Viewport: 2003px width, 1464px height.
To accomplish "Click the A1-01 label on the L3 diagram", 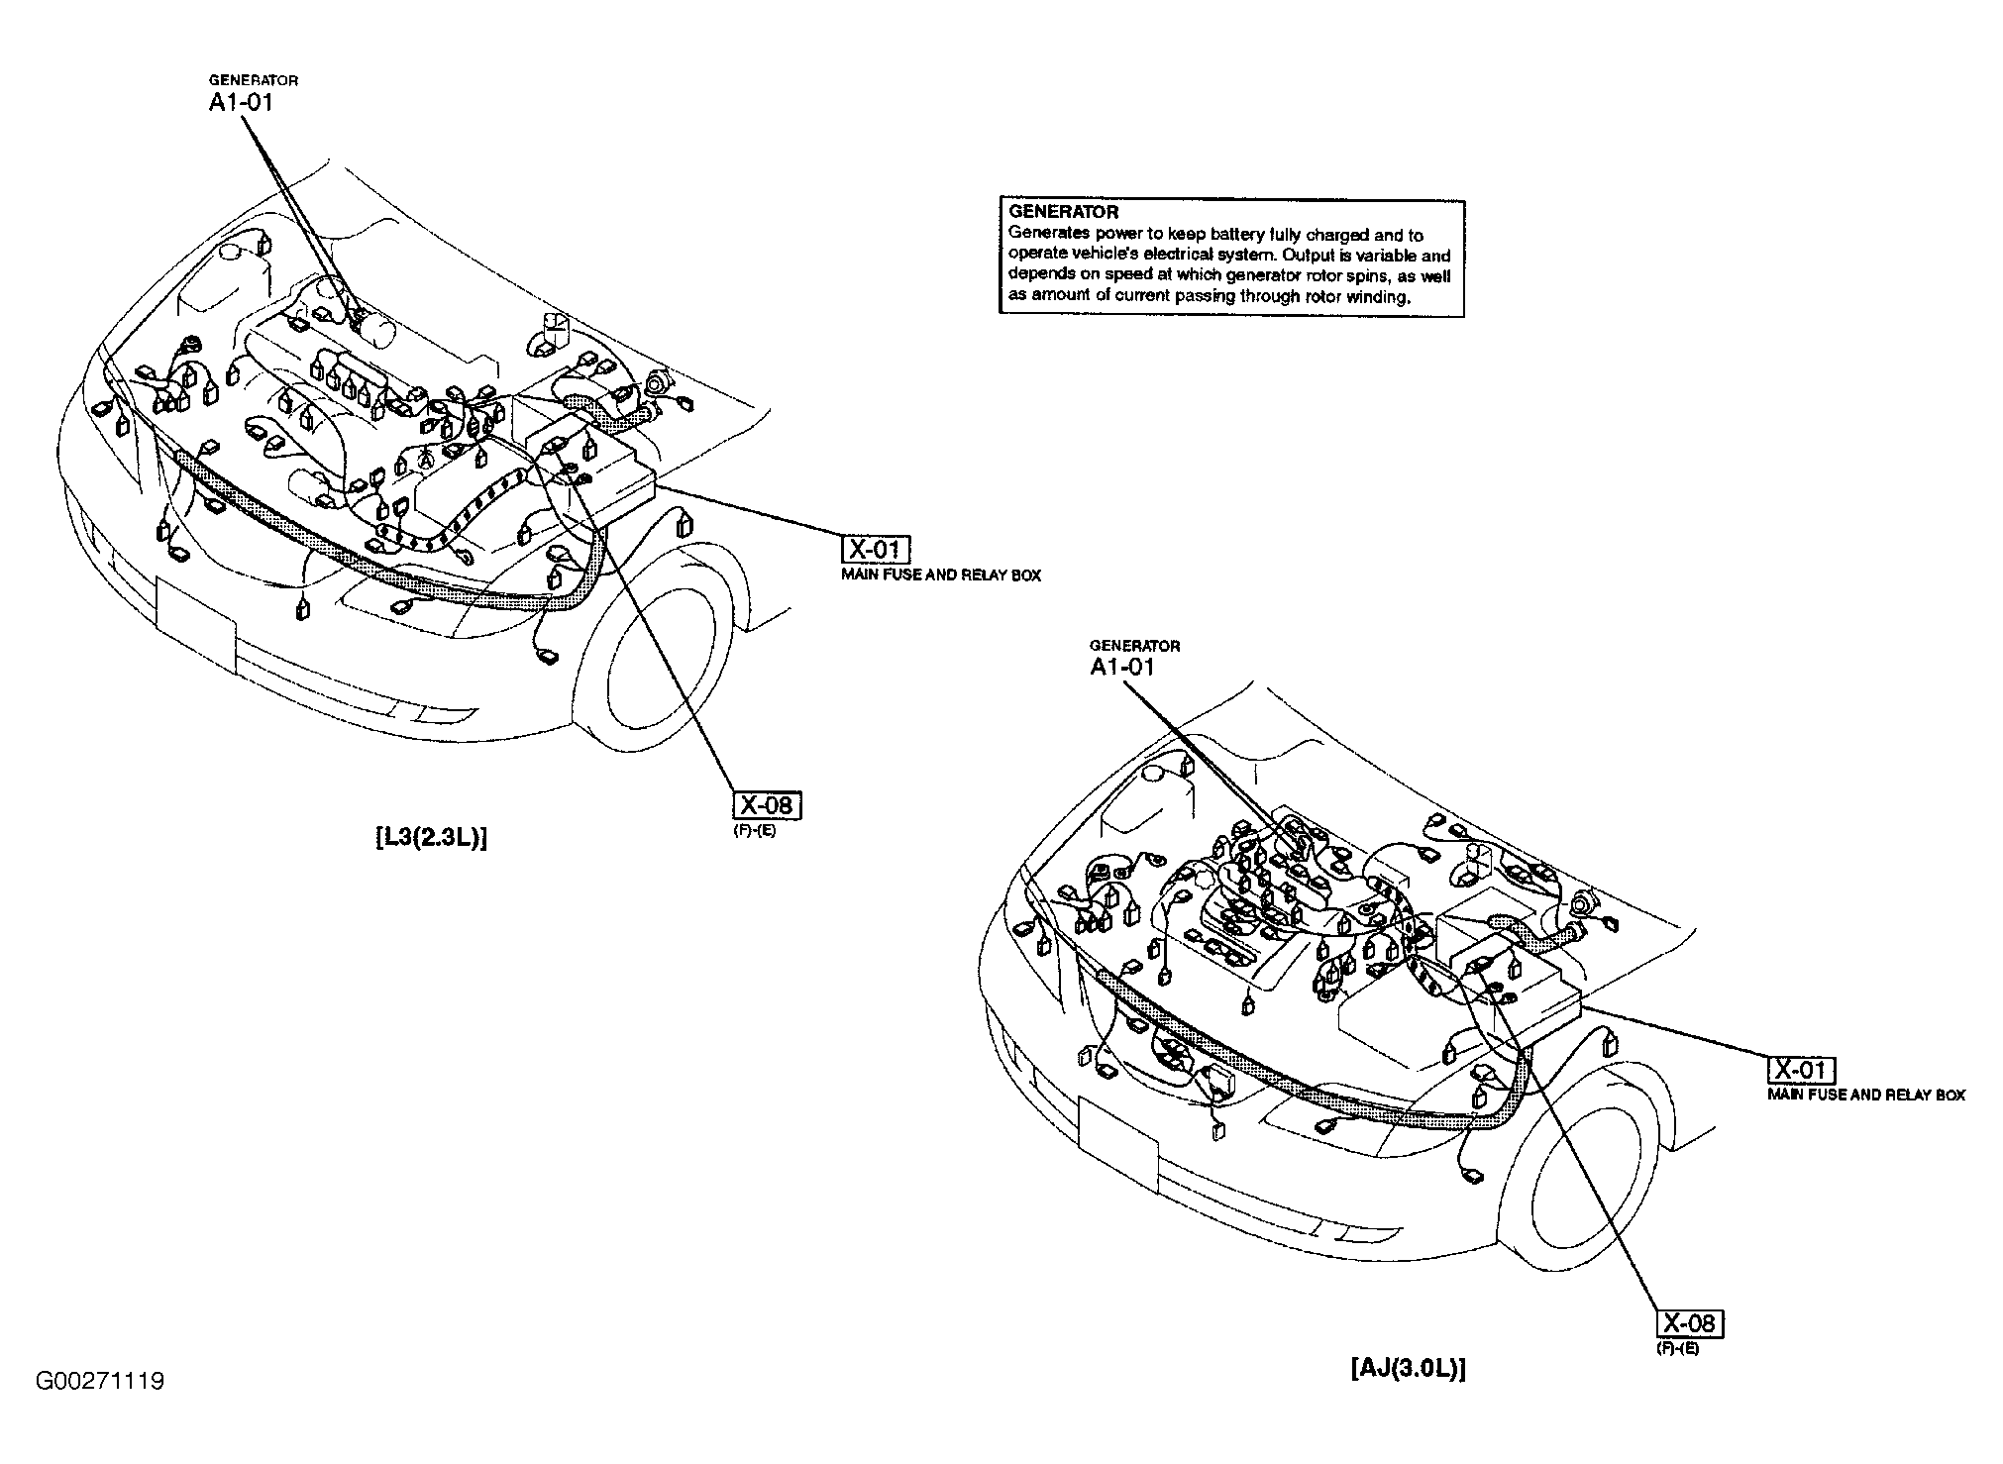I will pyautogui.click(x=240, y=102).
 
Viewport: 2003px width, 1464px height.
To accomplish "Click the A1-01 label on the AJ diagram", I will pyautogui.click(x=1121, y=667).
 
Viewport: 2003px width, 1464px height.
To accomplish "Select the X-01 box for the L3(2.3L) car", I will pyautogui.click(x=875, y=550).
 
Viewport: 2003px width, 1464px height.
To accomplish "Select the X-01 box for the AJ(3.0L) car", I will pyautogui.click(x=1801, y=1071).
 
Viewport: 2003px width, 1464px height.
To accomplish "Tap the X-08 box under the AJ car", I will pyautogui.click(x=1690, y=1324).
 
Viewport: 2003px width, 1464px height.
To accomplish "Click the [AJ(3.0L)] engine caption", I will pyautogui.click(x=1407, y=1369).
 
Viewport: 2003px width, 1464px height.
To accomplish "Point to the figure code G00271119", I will pyautogui.click(x=100, y=1381).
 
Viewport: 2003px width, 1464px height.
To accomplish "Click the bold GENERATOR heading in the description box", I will pyautogui.click(x=1063, y=212).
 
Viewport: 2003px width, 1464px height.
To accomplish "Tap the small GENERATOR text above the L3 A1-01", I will pyautogui.click(x=253, y=80).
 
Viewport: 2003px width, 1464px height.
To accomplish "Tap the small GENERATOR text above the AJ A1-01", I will pyautogui.click(x=1134, y=646).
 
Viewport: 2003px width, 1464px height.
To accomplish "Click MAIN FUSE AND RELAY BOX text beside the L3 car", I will pyautogui.click(x=940, y=575).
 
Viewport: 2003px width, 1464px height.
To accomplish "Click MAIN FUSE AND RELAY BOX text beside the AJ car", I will pyautogui.click(x=1865, y=1095).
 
